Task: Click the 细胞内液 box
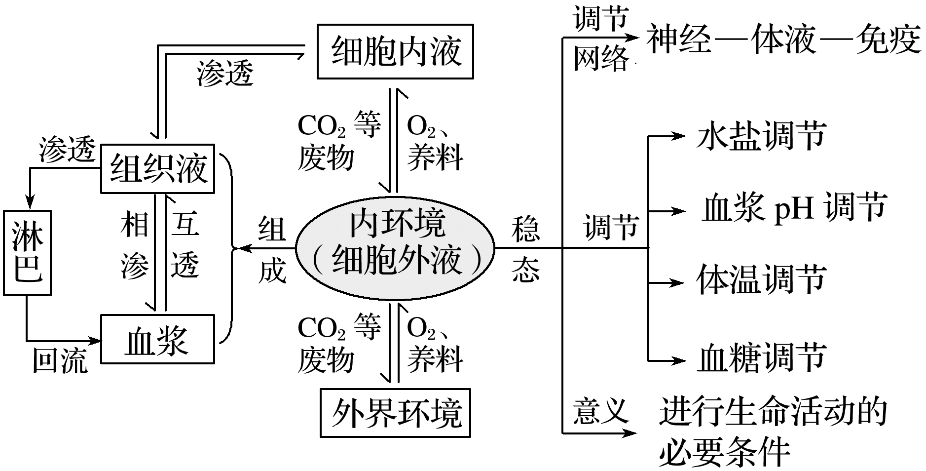click(395, 51)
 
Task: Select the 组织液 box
click(157, 168)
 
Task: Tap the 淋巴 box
click(27, 253)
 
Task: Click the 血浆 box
click(157, 339)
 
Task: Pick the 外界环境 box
click(395, 413)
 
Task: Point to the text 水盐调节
click(761, 136)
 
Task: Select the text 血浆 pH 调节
click(794, 207)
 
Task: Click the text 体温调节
click(761, 280)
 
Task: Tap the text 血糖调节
click(761, 358)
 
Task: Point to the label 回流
click(60, 360)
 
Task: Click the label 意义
click(600, 411)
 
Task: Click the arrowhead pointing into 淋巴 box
click(30, 203)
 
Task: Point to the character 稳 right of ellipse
click(525, 230)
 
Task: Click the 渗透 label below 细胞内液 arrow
click(224, 74)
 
